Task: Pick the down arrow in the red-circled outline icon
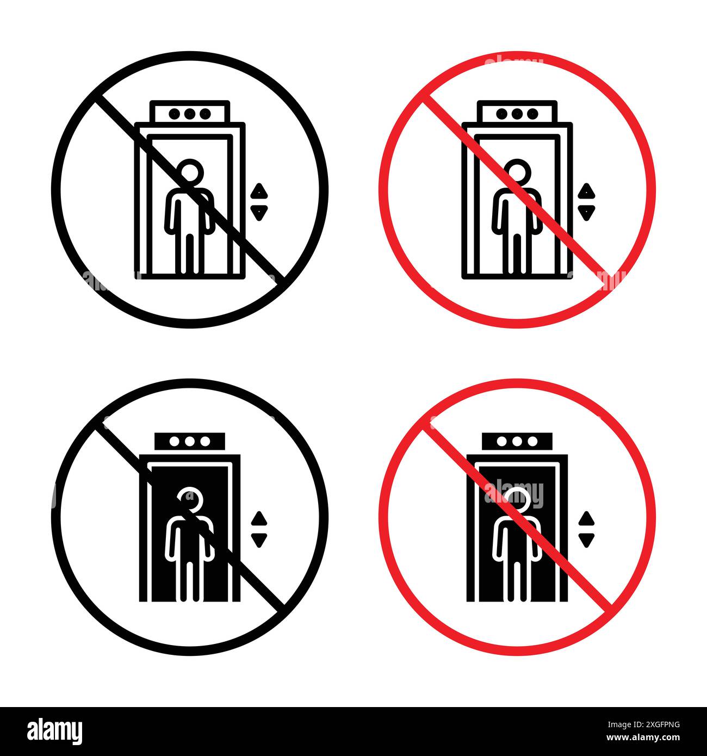pos(586,212)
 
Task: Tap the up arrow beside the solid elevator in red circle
pos(586,518)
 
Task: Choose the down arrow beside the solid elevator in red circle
pos(586,539)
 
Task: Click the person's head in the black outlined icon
pos(191,173)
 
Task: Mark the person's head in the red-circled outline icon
pos(518,173)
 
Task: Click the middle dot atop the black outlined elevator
pos(190,114)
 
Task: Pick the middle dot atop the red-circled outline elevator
pos(517,114)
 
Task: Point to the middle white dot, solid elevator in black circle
pos(190,441)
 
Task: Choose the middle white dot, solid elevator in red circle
pos(517,441)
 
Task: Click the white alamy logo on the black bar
pos(54,730)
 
